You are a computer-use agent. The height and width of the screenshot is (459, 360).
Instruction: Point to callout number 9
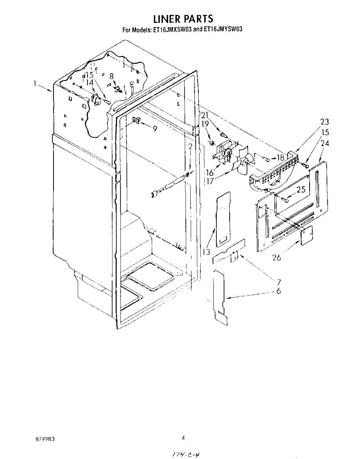pos(155,129)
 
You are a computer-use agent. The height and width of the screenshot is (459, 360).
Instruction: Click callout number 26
pos(276,257)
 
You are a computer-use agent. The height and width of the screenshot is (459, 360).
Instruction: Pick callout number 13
pos(207,252)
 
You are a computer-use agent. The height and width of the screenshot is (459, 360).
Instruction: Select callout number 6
pos(279,291)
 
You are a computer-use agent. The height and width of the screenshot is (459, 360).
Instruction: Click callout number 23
pos(324,122)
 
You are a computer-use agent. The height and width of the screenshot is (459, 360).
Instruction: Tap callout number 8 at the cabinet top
pos(112,76)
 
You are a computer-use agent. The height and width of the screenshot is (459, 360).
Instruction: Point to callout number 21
pos(205,115)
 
